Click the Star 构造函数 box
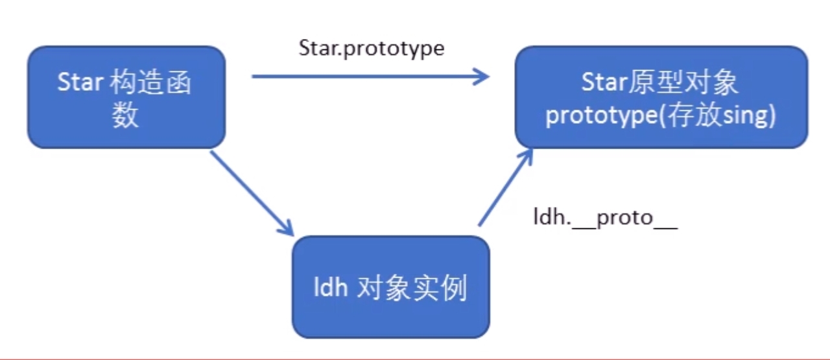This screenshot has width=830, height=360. pos(126,97)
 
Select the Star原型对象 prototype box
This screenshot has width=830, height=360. pos(661,97)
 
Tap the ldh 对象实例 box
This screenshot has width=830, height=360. pos(390,287)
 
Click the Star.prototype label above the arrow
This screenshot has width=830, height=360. pos(371,49)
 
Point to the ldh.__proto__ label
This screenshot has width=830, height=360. pos(605,218)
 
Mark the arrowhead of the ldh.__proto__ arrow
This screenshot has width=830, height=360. pos(527,156)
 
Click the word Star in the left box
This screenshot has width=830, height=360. pos(80,83)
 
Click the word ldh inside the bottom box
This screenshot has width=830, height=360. pos(331,287)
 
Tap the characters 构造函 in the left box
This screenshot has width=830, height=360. pos(150,83)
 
